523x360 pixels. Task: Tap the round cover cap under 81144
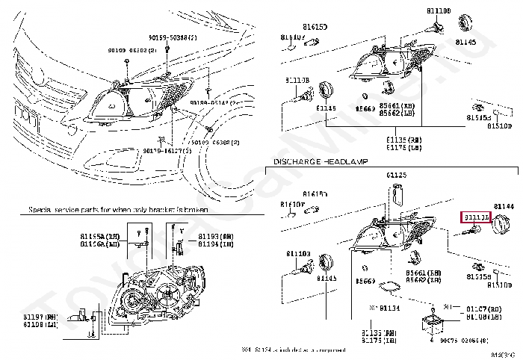tap(500, 223)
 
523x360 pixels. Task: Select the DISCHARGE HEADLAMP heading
tap(316, 162)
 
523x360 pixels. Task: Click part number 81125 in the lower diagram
tap(397, 175)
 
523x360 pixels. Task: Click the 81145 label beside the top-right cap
tap(486, 43)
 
